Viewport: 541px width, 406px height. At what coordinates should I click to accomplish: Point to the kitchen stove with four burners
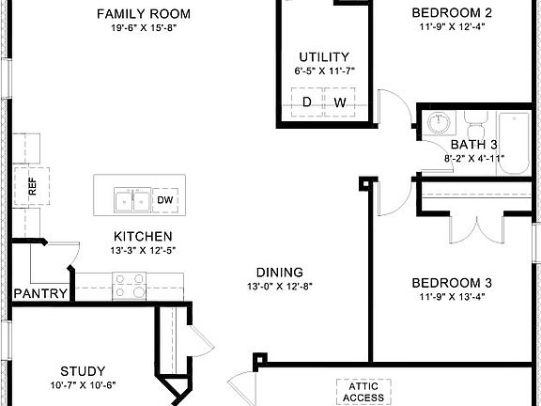[130, 285]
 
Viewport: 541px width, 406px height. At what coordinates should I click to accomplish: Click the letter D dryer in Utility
[306, 101]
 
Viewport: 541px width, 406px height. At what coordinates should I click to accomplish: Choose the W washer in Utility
[339, 101]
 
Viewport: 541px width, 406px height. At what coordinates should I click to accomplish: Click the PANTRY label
[40, 294]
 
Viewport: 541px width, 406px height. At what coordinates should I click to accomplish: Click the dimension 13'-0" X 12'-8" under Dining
[278, 286]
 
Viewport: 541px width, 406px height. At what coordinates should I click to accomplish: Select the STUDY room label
[83, 370]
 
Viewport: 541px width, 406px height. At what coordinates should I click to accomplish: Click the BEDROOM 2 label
[453, 13]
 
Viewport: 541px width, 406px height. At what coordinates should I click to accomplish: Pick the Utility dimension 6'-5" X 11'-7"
[324, 71]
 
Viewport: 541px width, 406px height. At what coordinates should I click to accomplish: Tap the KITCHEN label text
[142, 236]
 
